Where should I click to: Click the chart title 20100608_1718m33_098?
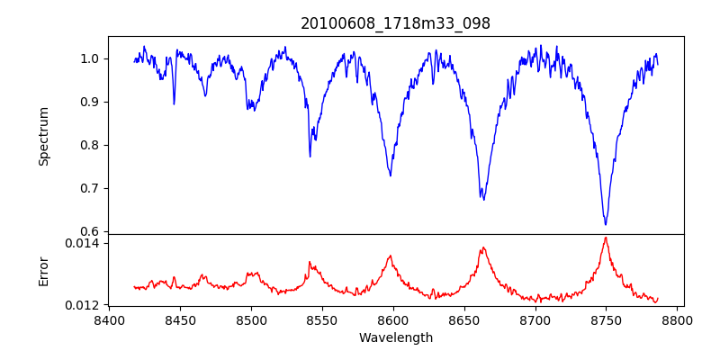coord(395,23)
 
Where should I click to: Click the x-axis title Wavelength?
coord(395,338)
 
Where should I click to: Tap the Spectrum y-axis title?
coord(43,136)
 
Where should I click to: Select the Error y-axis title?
coord(43,270)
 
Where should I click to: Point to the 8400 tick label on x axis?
coord(109,320)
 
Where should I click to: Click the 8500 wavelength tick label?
coord(251,320)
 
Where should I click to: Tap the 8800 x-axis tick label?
coord(677,320)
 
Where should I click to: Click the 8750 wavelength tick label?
coord(606,320)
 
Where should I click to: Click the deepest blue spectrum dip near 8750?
coord(606,224)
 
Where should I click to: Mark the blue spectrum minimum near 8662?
coord(483,198)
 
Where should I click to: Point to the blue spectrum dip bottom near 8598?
coord(391,175)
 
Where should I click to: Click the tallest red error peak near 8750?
coord(606,238)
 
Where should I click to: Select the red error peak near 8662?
coord(483,247)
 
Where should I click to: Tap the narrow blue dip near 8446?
coord(174,103)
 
